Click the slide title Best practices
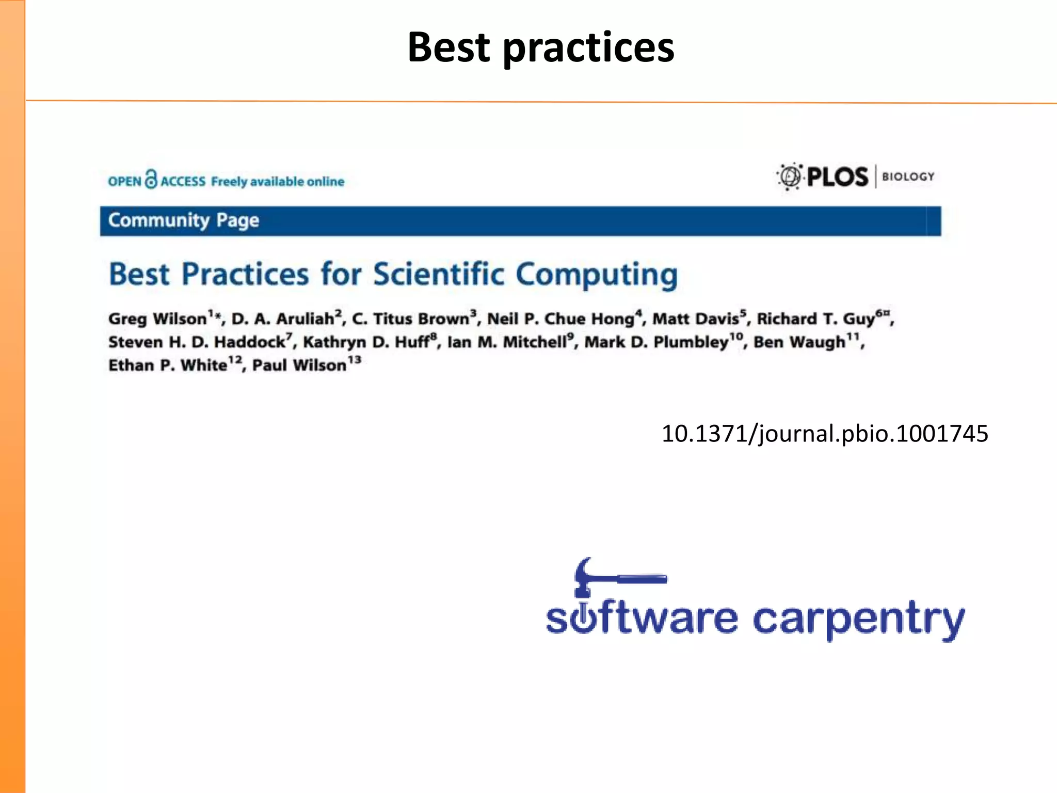(x=540, y=47)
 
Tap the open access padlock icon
(x=151, y=179)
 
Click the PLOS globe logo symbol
(x=790, y=177)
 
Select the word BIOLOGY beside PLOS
(x=908, y=177)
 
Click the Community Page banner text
(x=183, y=220)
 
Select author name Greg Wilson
(x=157, y=319)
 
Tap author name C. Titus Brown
(x=410, y=319)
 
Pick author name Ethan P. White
(x=168, y=365)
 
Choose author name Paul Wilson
(x=299, y=365)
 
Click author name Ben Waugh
(x=799, y=342)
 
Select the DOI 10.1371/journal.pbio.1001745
(x=824, y=433)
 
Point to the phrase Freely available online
(x=277, y=182)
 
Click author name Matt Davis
(x=695, y=319)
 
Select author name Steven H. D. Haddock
(x=197, y=342)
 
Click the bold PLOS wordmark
(x=837, y=177)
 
